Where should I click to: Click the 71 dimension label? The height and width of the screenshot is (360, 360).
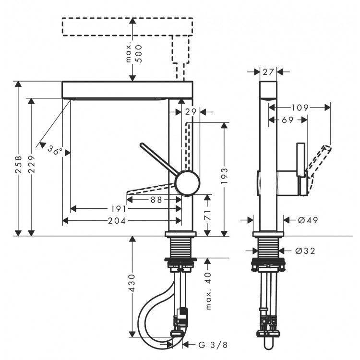point(207,216)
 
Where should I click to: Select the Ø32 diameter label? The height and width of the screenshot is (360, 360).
point(305,251)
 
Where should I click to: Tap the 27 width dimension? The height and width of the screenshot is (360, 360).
point(268,72)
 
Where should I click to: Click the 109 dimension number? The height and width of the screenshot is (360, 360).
point(300,108)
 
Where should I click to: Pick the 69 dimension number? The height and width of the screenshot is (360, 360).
point(288,120)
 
